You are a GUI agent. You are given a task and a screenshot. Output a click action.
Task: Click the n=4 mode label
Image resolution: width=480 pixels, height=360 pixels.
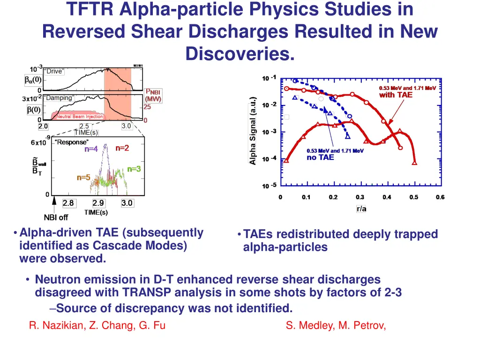coord(91,150)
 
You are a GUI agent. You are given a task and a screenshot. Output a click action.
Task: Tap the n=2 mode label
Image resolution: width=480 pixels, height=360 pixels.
coord(122,148)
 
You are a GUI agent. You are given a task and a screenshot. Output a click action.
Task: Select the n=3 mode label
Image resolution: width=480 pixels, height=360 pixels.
coord(134,169)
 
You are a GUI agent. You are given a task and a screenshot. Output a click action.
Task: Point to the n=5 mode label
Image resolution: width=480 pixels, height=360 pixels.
coord(83,178)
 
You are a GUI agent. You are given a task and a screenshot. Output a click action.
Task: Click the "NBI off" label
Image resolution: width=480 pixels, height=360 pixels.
coord(56,217)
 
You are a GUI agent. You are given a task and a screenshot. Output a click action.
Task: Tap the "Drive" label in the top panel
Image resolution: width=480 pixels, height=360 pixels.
coord(54,71)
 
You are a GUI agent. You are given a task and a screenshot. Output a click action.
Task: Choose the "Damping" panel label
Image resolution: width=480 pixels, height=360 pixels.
coord(59,98)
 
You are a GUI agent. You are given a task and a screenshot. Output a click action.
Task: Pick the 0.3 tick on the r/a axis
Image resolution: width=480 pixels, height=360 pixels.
coord(360,197)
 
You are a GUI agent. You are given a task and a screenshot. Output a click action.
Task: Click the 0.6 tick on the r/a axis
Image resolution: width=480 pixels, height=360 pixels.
coord(440,197)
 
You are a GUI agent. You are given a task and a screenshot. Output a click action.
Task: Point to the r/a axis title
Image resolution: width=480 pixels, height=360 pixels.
coord(361,209)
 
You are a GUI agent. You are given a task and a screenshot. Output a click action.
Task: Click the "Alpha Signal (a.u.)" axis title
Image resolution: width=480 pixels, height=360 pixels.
coord(253,131)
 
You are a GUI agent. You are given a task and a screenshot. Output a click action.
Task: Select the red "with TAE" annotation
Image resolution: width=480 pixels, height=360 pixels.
coord(396,95)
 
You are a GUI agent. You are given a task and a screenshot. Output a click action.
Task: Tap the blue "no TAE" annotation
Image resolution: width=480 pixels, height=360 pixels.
coord(320,157)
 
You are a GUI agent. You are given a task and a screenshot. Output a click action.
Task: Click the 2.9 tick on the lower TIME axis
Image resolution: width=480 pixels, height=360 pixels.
coord(98,203)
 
